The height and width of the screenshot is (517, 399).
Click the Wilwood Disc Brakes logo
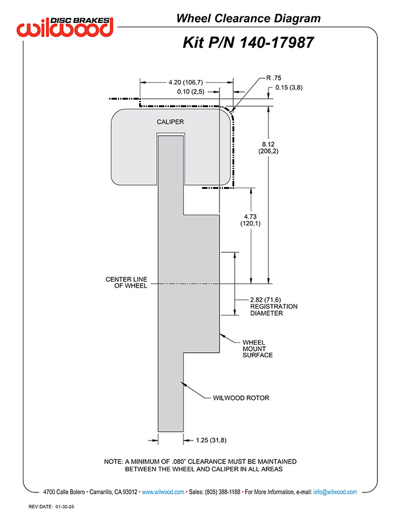pyautogui.click(x=65, y=27)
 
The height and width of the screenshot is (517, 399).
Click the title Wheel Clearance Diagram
pyautogui.click(x=249, y=18)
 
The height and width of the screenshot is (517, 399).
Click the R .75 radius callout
pyautogui.click(x=274, y=78)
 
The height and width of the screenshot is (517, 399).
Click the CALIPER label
pyautogui.click(x=170, y=122)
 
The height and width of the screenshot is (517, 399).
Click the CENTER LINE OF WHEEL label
pyautogui.click(x=126, y=282)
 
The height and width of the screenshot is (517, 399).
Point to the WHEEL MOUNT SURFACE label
pyautogui.click(x=258, y=349)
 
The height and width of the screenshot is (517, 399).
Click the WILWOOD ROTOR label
pyautogui.click(x=241, y=398)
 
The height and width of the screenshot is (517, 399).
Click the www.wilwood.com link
pyautogui.click(x=163, y=492)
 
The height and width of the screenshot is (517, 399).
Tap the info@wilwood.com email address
pyautogui.click(x=335, y=492)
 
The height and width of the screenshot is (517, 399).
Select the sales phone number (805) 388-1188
pyautogui.click(x=222, y=492)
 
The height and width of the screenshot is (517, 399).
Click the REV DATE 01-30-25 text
pyautogui.click(x=51, y=507)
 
